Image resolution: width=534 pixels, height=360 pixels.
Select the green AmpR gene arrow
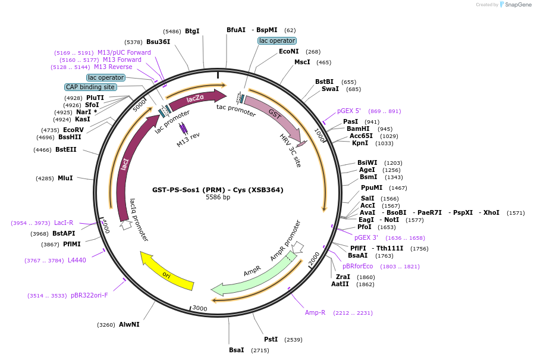click(253, 276)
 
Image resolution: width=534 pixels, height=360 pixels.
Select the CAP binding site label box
click(90, 87)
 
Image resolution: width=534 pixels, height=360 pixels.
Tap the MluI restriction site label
click(65, 178)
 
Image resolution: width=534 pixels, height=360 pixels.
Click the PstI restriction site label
click(271, 339)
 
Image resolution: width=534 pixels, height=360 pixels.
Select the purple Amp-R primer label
click(315, 312)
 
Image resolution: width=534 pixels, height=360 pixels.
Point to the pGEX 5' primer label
click(349, 111)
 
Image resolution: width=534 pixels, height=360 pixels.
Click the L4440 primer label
click(77, 260)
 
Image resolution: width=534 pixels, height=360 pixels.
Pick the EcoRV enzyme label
click(73, 130)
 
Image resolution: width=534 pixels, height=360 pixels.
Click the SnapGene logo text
click(519, 5)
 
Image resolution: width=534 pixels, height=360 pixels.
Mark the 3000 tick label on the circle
click(199, 308)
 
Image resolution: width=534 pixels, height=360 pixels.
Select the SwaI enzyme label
click(330, 89)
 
